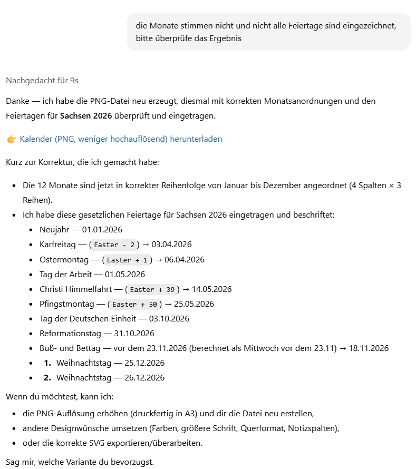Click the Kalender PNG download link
point(121,139)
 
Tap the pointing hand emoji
point(12,139)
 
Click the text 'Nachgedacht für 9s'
point(42,81)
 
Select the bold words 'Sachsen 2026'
point(82,115)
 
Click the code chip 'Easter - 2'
point(114,245)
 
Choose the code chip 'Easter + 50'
point(136,304)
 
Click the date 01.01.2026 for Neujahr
point(102,230)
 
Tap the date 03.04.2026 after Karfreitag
point(171,245)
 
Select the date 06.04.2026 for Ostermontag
point(185,260)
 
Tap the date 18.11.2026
point(369,348)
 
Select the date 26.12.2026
point(144,378)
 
